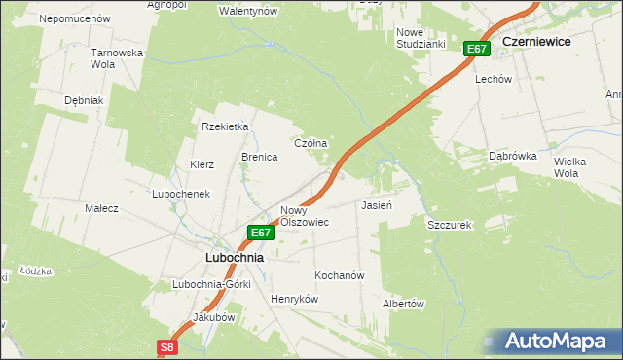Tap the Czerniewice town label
pos(536,43)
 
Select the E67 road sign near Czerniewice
pos(476,49)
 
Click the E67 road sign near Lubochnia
pos(259,233)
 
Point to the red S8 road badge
pos(167,346)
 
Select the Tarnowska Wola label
pos(117,58)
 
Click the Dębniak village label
pos(84,100)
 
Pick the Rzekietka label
pos(226,126)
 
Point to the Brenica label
pos(260,156)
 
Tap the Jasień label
pos(376,206)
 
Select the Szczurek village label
pos(449,225)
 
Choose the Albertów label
pos(404,304)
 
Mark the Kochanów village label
pos(339,275)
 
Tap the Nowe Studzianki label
pos(421,38)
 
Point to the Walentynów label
pos(248,11)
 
